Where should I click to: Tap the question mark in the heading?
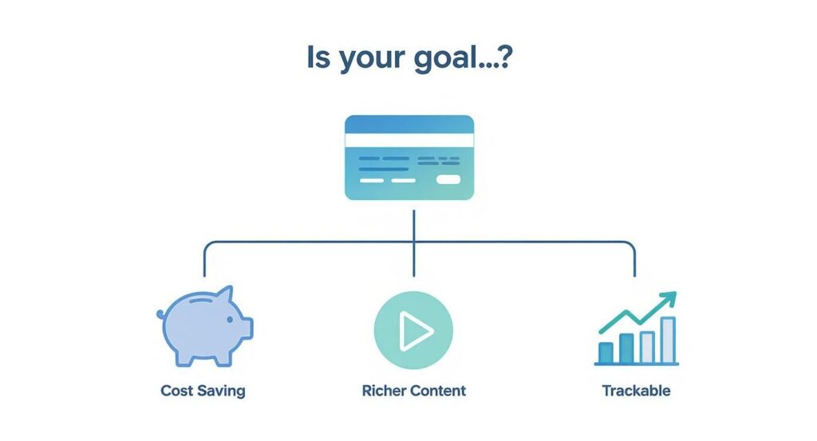[x=504, y=57]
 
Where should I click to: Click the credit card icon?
[x=409, y=157]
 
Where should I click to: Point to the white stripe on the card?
[x=409, y=140]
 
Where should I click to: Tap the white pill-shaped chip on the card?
[x=448, y=179]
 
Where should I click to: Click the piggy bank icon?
[x=205, y=326]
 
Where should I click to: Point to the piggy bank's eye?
[x=230, y=320]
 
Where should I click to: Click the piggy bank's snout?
[x=247, y=328]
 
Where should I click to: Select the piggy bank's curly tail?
[x=160, y=314]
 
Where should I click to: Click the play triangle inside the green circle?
[x=415, y=330]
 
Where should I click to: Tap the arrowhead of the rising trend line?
[x=669, y=298]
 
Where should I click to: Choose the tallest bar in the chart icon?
[x=668, y=340]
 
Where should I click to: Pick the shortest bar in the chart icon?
[x=606, y=352]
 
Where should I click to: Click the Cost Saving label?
[x=203, y=391]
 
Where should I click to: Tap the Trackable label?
[x=636, y=391]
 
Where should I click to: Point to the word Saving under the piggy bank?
[x=222, y=391]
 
